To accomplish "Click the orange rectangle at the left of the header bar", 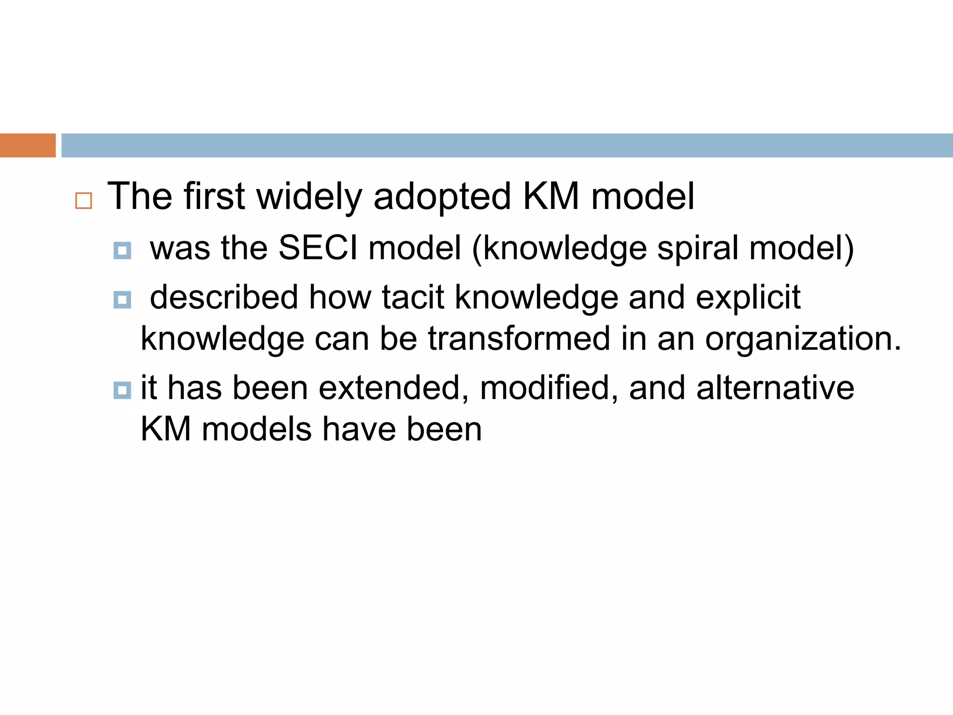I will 27,145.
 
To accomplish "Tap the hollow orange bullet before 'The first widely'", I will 84,201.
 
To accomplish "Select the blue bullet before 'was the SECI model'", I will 122,250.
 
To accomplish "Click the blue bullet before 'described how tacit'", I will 122,300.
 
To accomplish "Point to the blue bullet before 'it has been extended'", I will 122,390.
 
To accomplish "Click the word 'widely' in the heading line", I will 309,197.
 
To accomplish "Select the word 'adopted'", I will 442,197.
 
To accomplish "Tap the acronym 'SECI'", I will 318,248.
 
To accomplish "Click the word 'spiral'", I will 698,248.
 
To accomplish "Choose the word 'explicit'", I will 748,297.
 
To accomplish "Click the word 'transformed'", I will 519,338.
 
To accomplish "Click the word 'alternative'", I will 775,388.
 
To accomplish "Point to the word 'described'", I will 224,297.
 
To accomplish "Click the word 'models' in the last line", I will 256,429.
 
